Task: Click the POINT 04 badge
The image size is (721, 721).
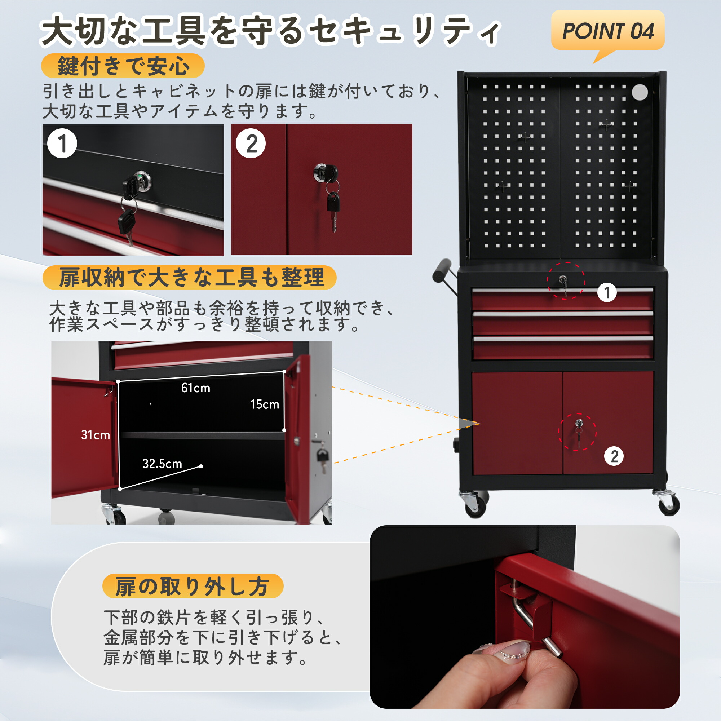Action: click(x=607, y=31)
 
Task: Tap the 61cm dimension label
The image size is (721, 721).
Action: click(x=195, y=388)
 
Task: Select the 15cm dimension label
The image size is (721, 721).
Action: click(x=265, y=404)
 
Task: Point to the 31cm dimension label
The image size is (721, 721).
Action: click(x=96, y=435)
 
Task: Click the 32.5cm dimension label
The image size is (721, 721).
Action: click(x=162, y=464)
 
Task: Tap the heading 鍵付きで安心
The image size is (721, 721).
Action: click(x=123, y=66)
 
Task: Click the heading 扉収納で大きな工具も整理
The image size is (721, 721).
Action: click(x=190, y=277)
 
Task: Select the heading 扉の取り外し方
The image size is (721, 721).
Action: click(x=193, y=586)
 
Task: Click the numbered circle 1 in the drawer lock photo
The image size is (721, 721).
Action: click(x=62, y=143)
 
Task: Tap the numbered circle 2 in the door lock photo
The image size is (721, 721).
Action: click(x=251, y=143)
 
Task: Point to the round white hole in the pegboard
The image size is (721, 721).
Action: click(x=640, y=92)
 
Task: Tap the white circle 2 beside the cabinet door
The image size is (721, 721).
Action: click(x=614, y=456)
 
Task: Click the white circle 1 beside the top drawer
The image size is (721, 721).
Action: click(x=607, y=292)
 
